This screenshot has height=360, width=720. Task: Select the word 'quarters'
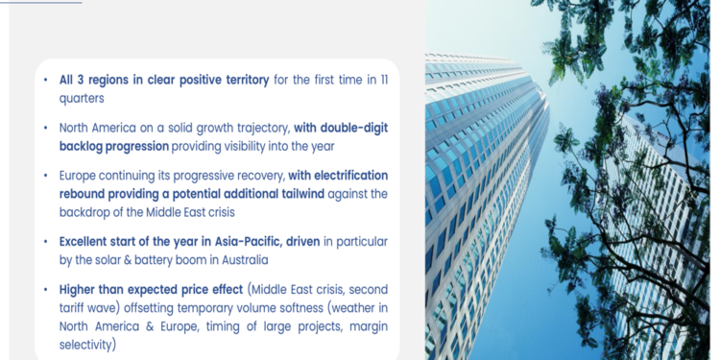pos(82,97)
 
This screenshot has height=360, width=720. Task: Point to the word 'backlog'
pos(82,145)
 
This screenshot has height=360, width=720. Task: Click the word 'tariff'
pos(79,307)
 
